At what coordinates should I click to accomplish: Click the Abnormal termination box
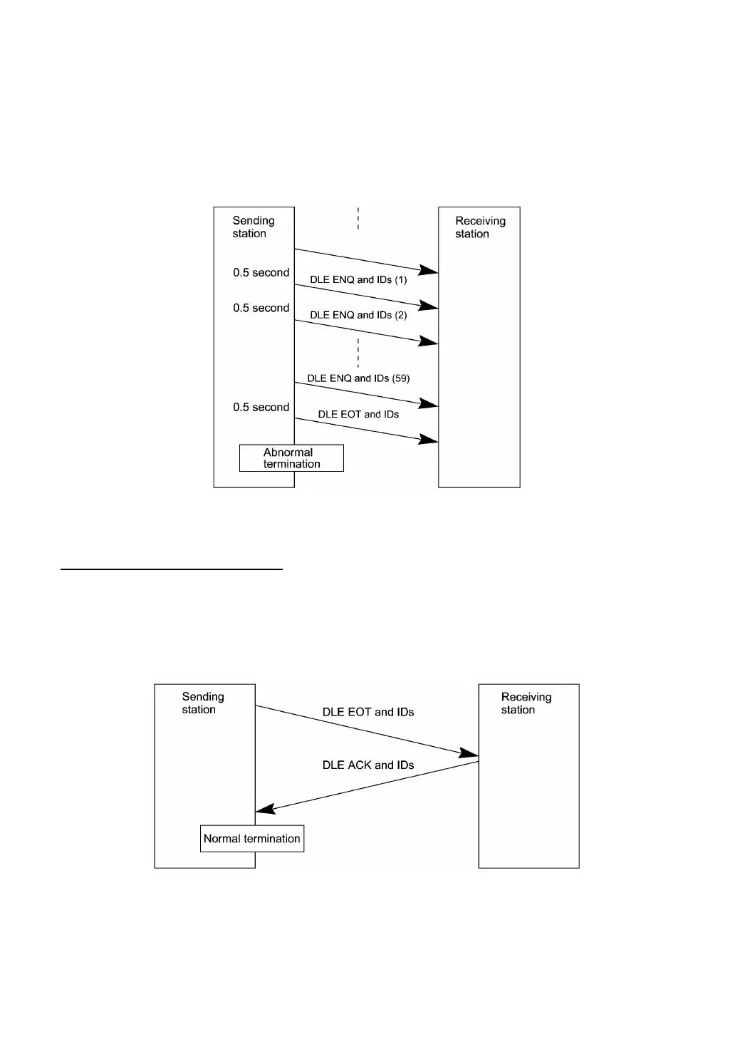click(x=291, y=458)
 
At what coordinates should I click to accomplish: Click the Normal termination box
click(x=252, y=839)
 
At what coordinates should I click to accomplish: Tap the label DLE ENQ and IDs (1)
click(x=358, y=280)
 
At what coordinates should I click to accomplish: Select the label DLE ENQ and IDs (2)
click(x=358, y=315)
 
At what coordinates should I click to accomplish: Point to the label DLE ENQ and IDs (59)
click(x=358, y=378)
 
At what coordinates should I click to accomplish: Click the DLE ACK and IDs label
click(x=368, y=765)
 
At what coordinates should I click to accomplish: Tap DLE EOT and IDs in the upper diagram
click(x=358, y=414)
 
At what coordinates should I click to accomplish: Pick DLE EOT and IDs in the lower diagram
click(x=368, y=712)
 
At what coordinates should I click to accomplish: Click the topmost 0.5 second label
click(x=261, y=273)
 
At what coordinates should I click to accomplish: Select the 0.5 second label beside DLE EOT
click(x=261, y=408)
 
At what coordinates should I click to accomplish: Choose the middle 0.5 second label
click(x=261, y=309)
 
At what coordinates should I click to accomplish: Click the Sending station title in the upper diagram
click(x=253, y=227)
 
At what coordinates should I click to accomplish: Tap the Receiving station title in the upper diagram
click(x=480, y=227)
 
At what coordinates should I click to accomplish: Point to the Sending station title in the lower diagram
click(x=202, y=703)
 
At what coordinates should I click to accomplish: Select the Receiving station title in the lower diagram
click(x=526, y=703)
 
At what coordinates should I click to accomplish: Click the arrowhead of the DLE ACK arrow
click(x=264, y=809)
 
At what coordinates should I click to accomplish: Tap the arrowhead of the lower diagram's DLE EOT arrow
click(x=469, y=753)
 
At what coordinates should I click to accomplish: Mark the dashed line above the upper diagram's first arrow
click(x=358, y=218)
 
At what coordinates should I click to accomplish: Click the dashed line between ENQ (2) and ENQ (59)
click(x=358, y=353)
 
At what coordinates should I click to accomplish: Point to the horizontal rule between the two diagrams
click(x=172, y=569)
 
